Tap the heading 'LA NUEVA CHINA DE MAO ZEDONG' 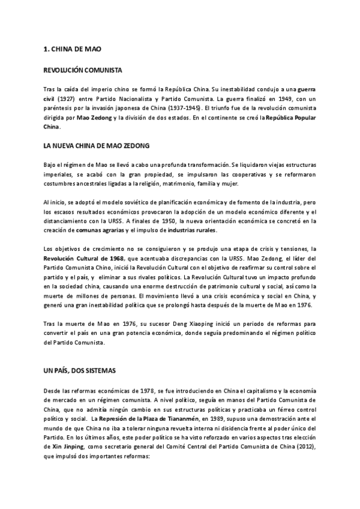click(96, 146)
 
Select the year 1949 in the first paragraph click(272, 98)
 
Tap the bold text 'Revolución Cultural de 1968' click(80, 259)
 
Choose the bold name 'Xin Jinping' click(62, 447)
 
